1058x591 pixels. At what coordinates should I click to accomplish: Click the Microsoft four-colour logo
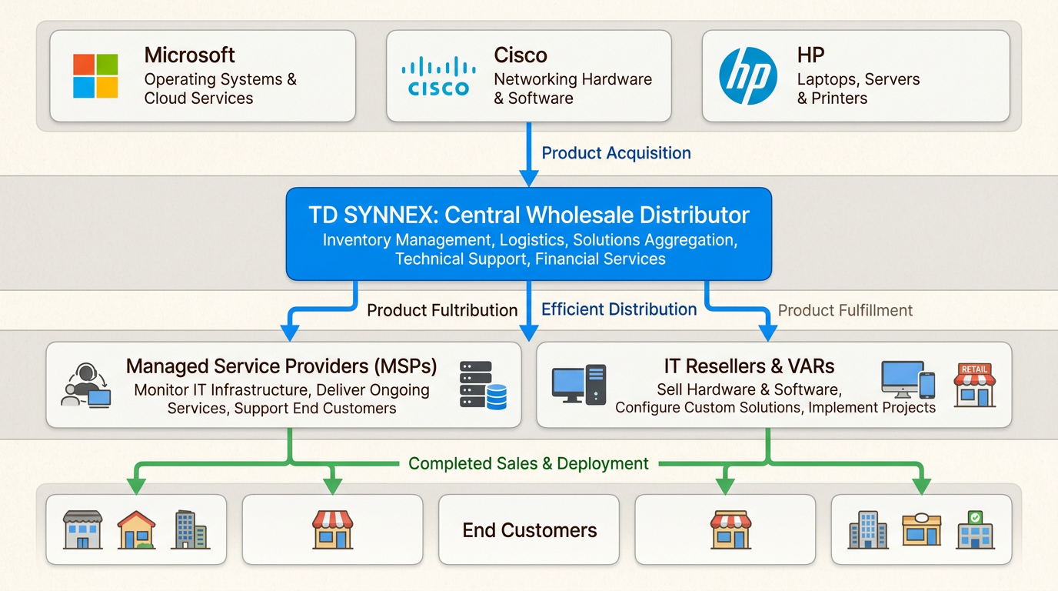[x=95, y=76]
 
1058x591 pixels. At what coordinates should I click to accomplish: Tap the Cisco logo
[x=438, y=76]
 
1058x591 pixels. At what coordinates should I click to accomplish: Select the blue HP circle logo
[x=747, y=76]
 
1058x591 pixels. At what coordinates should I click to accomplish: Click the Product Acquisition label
[x=616, y=153]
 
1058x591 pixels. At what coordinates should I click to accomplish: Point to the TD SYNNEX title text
[x=528, y=215]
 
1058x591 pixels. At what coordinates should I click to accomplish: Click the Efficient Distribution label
[x=619, y=309]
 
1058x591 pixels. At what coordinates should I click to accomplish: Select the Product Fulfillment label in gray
[x=845, y=310]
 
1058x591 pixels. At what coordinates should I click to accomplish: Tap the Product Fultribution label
[x=442, y=310]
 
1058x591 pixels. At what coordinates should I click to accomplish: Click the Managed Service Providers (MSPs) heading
[x=281, y=366]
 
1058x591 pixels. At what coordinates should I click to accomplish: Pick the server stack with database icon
[x=483, y=385]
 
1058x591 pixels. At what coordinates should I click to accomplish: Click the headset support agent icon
[x=85, y=385]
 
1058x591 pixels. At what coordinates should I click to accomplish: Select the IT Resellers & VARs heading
[x=749, y=366]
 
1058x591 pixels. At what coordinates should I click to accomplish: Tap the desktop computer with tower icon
[x=579, y=385]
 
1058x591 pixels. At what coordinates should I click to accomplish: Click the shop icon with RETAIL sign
[x=974, y=385]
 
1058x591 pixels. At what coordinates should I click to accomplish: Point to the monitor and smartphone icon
[x=907, y=380]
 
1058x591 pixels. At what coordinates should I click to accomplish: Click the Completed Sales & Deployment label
[x=528, y=463]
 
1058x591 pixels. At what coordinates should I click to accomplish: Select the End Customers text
[x=529, y=530]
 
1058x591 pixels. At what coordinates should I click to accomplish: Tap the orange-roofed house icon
[x=136, y=529]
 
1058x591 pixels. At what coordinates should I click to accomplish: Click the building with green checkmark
[x=975, y=529]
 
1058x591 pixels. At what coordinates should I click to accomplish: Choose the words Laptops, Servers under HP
[x=858, y=79]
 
